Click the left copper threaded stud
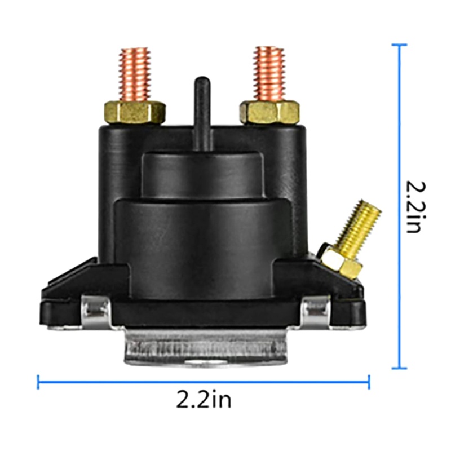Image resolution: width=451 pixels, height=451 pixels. (135, 74)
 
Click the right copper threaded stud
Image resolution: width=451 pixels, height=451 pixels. (269, 74)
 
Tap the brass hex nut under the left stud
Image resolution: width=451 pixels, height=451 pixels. (135, 112)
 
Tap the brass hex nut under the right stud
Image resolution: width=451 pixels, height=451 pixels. (269, 112)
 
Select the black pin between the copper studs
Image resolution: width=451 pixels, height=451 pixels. (203, 114)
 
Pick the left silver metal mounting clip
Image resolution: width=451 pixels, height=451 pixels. (96, 312)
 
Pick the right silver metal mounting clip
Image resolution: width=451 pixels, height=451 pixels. (316, 312)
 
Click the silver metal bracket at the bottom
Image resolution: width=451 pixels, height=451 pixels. (205, 347)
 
